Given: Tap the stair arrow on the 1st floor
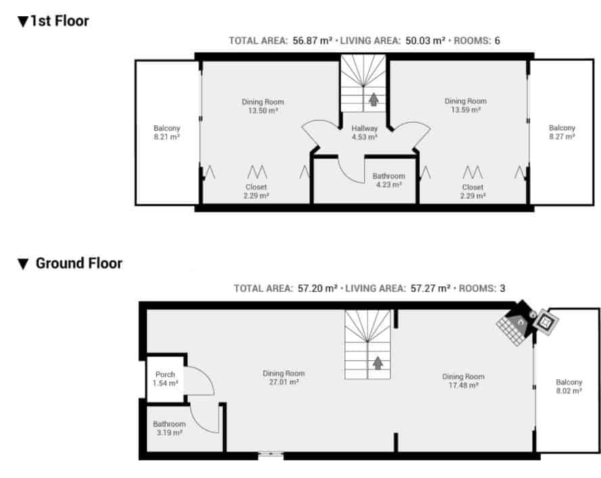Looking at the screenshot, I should point(372,100).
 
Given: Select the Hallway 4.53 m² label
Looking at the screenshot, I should point(363,133).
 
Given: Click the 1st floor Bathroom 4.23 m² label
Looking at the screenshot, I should point(388,180).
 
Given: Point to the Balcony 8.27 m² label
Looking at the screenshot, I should point(562,132).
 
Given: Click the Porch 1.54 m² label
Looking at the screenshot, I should point(165,378).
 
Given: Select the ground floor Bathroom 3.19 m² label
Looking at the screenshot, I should point(169,428).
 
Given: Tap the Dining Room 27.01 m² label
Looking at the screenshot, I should point(284,378).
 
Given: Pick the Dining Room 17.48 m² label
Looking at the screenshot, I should point(463,381).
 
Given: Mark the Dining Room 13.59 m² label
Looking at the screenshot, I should point(466,105).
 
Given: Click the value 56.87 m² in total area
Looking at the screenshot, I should point(312,41).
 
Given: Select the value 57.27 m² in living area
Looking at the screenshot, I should point(430,288).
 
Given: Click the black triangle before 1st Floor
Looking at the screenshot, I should point(23,22).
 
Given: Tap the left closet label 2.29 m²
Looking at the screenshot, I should point(256,192).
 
